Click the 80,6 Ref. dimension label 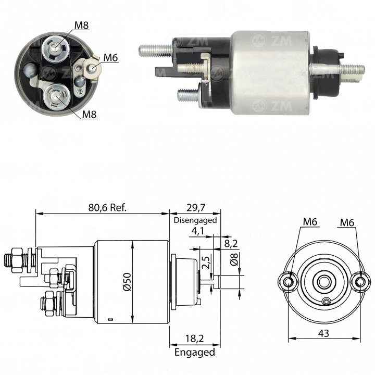tap(107, 208)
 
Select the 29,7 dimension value tap(196, 208)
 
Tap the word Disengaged tap(195, 220)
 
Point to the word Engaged tap(195, 352)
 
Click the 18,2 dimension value tap(194, 339)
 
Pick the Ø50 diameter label tap(127, 282)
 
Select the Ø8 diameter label tap(234, 259)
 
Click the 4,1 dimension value tap(198, 231)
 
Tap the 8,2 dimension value tap(231, 243)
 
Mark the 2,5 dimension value tap(206, 262)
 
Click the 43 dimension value tap(323, 333)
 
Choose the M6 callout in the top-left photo tap(110, 58)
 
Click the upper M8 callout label tap(82, 25)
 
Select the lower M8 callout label tap(89, 115)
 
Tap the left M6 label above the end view tap(310, 222)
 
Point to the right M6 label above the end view tap(347, 223)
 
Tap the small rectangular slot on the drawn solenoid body tap(110, 319)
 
